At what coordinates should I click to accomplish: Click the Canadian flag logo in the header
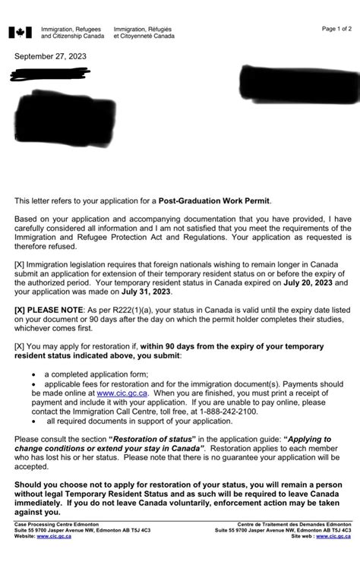click(x=20, y=33)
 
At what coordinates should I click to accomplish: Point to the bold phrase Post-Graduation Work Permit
click(x=217, y=200)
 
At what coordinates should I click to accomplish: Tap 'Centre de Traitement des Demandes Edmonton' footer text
click(x=294, y=524)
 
